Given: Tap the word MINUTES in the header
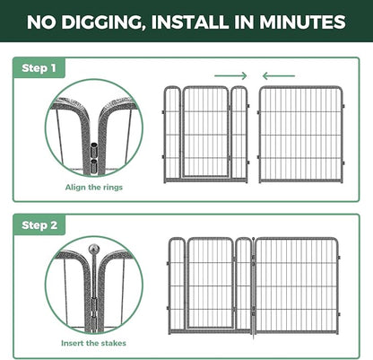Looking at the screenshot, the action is pyautogui.click(x=302, y=22).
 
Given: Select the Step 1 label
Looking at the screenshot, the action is pyautogui.click(x=39, y=68).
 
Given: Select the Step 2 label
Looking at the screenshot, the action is pyautogui.click(x=39, y=225).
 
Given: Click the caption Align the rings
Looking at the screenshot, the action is pyautogui.click(x=94, y=188).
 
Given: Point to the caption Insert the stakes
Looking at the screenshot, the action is pyautogui.click(x=93, y=343).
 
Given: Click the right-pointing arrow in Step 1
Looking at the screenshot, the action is pyautogui.click(x=230, y=75).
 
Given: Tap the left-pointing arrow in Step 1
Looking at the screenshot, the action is pyautogui.click(x=279, y=75).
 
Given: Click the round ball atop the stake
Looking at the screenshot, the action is pyautogui.click(x=94, y=249).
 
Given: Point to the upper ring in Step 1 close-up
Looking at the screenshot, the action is pyautogui.click(x=94, y=150).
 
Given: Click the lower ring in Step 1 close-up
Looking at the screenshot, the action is pyautogui.click(x=94, y=165).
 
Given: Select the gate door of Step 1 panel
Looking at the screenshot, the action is pyautogui.click(x=205, y=132).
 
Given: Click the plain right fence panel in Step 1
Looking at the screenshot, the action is pyautogui.click(x=300, y=134).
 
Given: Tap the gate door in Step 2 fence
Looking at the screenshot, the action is pyautogui.click(x=211, y=283).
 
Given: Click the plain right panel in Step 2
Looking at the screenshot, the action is pyautogui.click(x=298, y=285).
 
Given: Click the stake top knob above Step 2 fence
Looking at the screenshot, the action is pyautogui.click(x=254, y=239).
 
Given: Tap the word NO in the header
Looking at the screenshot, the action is pyautogui.click(x=41, y=22).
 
